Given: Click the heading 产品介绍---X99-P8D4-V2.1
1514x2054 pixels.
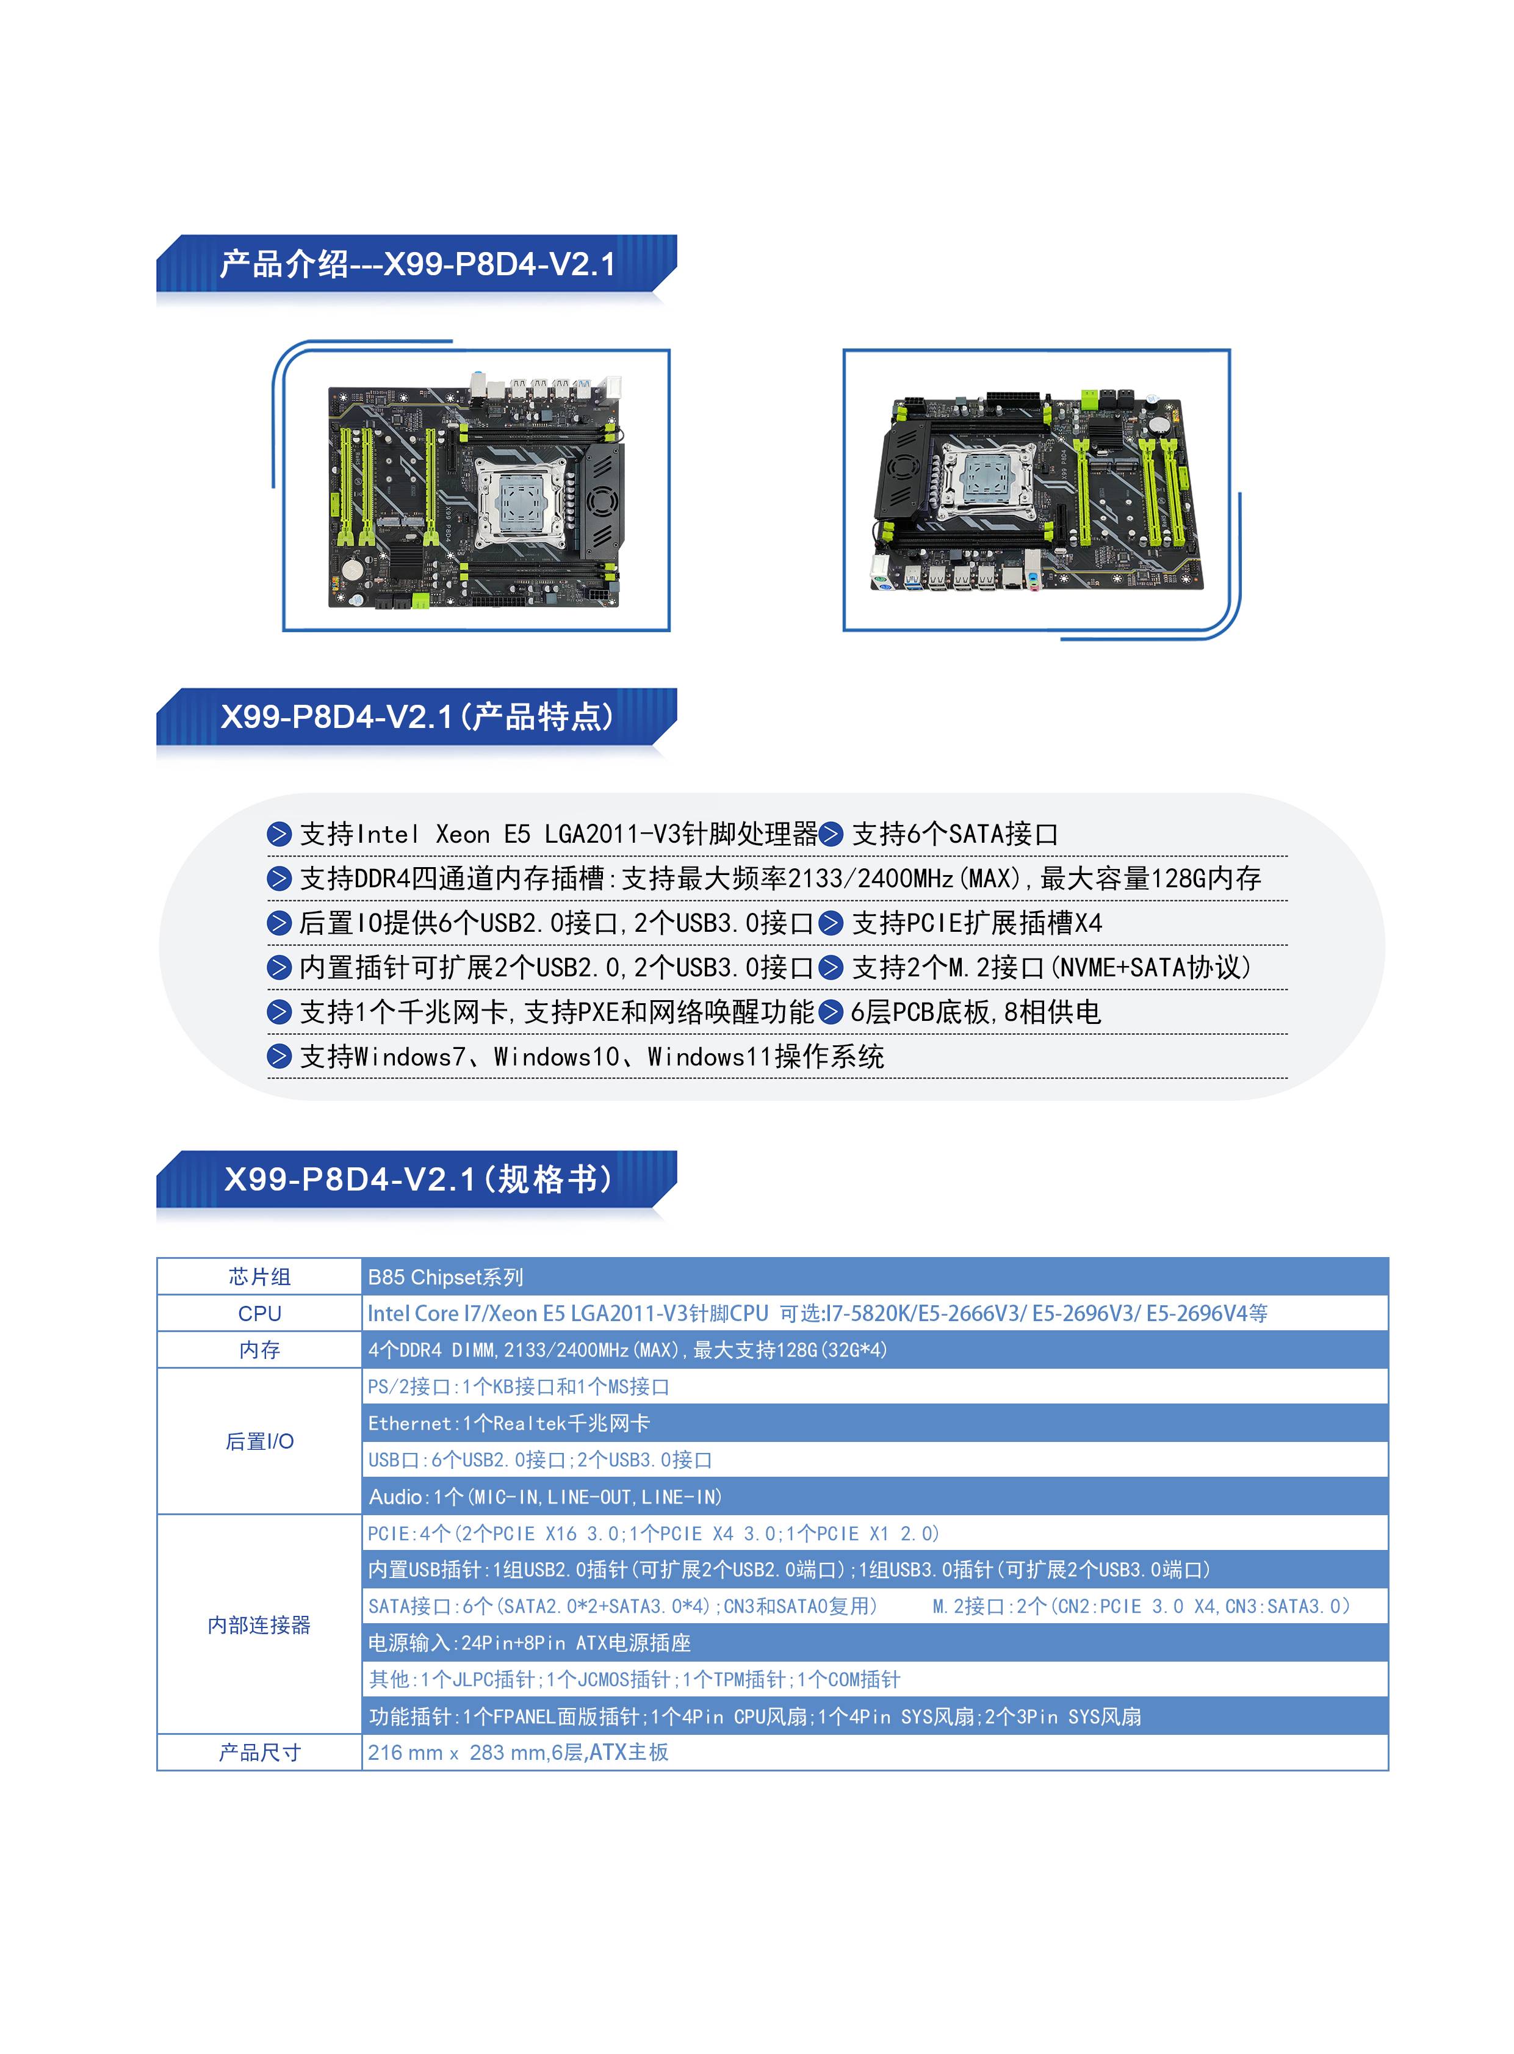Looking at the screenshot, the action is (x=417, y=264).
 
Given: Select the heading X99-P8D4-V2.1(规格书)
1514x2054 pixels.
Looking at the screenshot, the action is (x=418, y=1179).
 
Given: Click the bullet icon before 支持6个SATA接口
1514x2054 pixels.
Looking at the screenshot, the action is (x=831, y=834).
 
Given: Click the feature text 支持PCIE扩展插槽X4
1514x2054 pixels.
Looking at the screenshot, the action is (x=977, y=923).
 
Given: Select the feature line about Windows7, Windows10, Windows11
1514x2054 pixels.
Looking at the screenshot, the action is (x=592, y=1057).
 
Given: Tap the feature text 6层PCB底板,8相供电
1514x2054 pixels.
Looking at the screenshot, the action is (x=975, y=1012).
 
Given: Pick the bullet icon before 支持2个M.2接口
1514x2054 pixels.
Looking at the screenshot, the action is (x=831, y=968).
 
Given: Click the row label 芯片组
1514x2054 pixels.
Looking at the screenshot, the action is (x=259, y=1277).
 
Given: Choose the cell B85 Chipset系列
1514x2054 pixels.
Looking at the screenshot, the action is (x=445, y=1277).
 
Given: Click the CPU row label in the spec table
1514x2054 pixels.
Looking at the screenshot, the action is (x=259, y=1313).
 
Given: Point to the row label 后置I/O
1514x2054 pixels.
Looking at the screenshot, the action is (x=259, y=1441).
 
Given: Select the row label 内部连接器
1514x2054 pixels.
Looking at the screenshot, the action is (x=259, y=1625).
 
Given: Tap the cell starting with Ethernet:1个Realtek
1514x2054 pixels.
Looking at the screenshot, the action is (x=509, y=1424).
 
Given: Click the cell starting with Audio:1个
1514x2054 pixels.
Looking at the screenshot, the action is (x=546, y=1497).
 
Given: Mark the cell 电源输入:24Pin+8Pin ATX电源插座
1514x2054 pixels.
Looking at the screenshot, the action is (x=529, y=1643).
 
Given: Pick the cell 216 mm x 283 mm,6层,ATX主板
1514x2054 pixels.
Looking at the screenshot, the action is (x=518, y=1753).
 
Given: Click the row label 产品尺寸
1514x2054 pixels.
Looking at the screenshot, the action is (x=259, y=1753).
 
